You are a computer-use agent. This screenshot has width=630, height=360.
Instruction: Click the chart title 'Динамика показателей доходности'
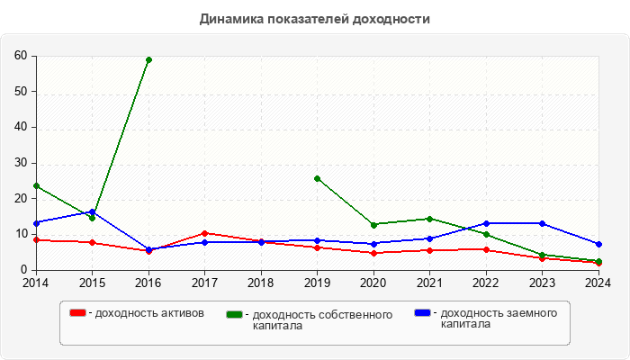[315, 19]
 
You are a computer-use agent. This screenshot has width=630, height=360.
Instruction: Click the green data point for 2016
[148, 60]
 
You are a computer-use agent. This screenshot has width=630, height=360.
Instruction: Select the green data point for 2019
[317, 178]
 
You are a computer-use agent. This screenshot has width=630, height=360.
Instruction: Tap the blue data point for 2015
[92, 211]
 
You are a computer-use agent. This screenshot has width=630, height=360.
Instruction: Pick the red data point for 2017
[204, 233]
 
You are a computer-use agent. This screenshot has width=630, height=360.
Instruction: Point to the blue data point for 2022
[486, 223]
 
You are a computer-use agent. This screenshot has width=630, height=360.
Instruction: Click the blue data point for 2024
[598, 244]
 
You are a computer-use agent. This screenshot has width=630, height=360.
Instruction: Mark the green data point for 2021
[429, 219]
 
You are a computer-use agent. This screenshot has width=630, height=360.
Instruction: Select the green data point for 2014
[36, 186]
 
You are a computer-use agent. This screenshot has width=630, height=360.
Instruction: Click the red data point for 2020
[373, 253]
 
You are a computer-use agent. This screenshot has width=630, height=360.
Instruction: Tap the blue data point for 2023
[542, 223]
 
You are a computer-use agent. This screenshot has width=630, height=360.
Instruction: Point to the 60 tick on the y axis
[20, 56]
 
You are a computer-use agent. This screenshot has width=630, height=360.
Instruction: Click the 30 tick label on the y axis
[20, 163]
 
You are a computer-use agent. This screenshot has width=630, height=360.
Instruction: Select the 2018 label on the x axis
[261, 283]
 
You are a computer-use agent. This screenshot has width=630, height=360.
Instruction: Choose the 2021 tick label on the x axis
[429, 283]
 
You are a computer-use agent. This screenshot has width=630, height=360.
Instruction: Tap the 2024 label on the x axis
[598, 283]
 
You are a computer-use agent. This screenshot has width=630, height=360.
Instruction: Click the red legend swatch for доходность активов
[78, 313]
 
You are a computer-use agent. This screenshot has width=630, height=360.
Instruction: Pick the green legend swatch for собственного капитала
[236, 314]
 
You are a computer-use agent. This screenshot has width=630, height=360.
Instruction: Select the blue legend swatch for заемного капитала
[422, 313]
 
